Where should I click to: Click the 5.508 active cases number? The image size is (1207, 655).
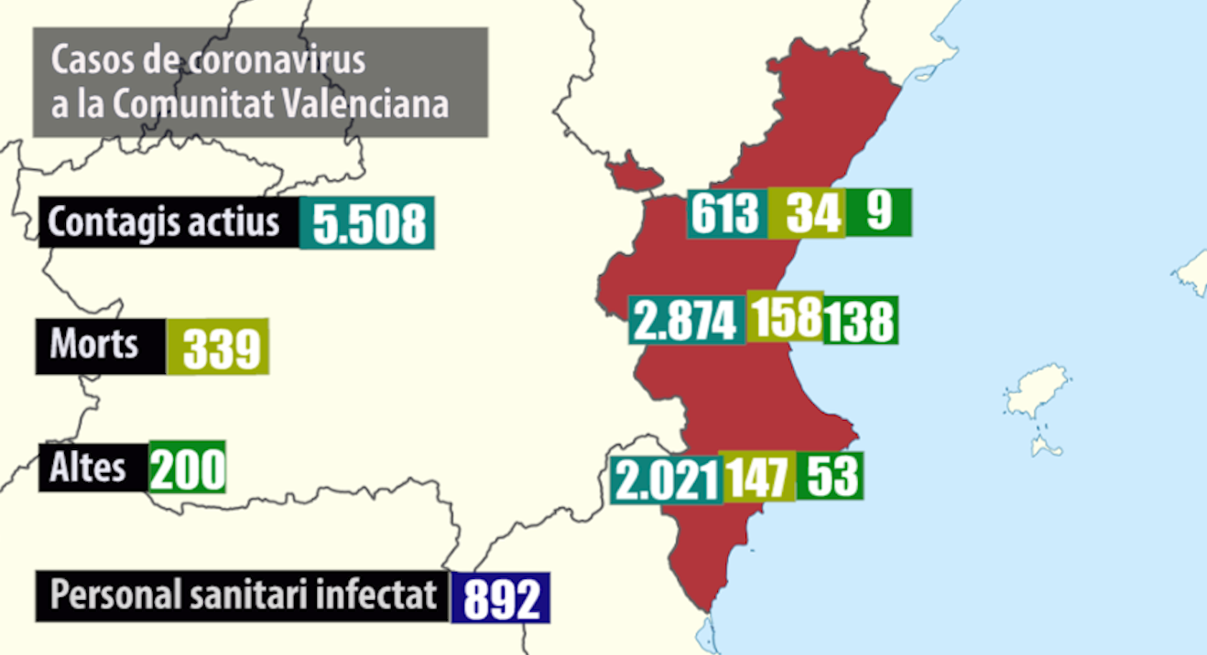(366, 222)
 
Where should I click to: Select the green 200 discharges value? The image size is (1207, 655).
(187, 467)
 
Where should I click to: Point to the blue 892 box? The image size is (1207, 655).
(500, 598)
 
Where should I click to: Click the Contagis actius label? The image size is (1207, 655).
(168, 222)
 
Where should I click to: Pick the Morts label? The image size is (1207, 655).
(100, 346)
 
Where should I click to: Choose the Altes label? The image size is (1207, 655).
(92, 467)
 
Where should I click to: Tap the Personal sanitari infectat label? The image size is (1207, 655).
(243, 596)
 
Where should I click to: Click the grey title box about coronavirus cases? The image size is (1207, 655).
(260, 82)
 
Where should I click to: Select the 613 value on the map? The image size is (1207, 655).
(726, 214)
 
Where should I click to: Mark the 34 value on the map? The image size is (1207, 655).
(806, 213)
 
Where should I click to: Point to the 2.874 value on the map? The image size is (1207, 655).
(686, 320)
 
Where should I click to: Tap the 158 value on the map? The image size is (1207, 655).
(785, 316)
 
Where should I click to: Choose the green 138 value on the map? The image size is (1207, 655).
(860, 320)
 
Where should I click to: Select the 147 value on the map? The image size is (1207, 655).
(758, 478)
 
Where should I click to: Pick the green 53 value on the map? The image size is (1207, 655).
(830, 476)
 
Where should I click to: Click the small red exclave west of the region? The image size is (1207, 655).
(633, 173)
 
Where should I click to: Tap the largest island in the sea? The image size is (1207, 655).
(1038, 390)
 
